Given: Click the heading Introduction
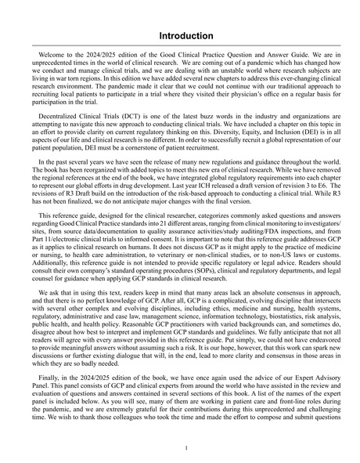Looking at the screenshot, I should pos(180,36).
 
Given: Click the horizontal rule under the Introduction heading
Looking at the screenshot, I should pos(180,46).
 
